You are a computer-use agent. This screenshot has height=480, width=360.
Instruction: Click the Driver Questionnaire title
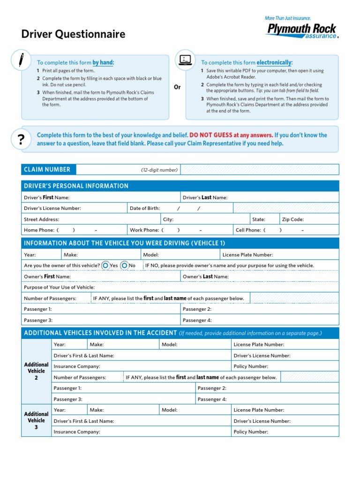pyautogui.click(x=73, y=34)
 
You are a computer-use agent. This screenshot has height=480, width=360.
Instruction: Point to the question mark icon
pyautogui.click(x=21, y=139)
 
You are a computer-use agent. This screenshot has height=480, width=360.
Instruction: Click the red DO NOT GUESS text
pyautogui.click(x=210, y=135)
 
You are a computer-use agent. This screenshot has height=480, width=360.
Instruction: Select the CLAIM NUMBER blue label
pyautogui.click(x=47, y=170)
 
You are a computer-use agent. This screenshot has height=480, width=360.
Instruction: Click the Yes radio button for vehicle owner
pyautogui.click(x=105, y=265)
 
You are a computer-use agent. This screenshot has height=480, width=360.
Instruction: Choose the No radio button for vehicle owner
pyautogui.click(x=124, y=265)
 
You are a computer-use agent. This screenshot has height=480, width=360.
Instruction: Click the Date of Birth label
pyautogui.click(x=145, y=208)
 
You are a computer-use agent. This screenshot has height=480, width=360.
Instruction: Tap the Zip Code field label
pyautogui.click(x=292, y=219)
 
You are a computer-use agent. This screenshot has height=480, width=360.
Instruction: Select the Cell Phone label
pyautogui.click(x=248, y=230)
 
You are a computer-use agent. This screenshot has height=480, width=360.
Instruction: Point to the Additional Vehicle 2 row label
pyautogui.click(x=36, y=371)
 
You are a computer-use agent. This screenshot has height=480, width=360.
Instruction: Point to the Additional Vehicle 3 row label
pyautogui.click(x=36, y=420)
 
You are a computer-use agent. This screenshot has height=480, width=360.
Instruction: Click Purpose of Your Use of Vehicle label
pyautogui.click(x=59, y=287)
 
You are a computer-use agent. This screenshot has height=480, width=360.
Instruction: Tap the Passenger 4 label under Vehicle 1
pyautogui.click(x=197, y=320)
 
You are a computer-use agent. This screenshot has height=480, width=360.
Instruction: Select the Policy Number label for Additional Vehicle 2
pyautogui.click(x=251, y=367)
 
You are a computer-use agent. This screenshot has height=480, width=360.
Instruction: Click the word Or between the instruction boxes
pyautogui.click(x=177, y=87)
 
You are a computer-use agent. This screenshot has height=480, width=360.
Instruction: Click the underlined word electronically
pyautogui.click(x=274, y=62)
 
